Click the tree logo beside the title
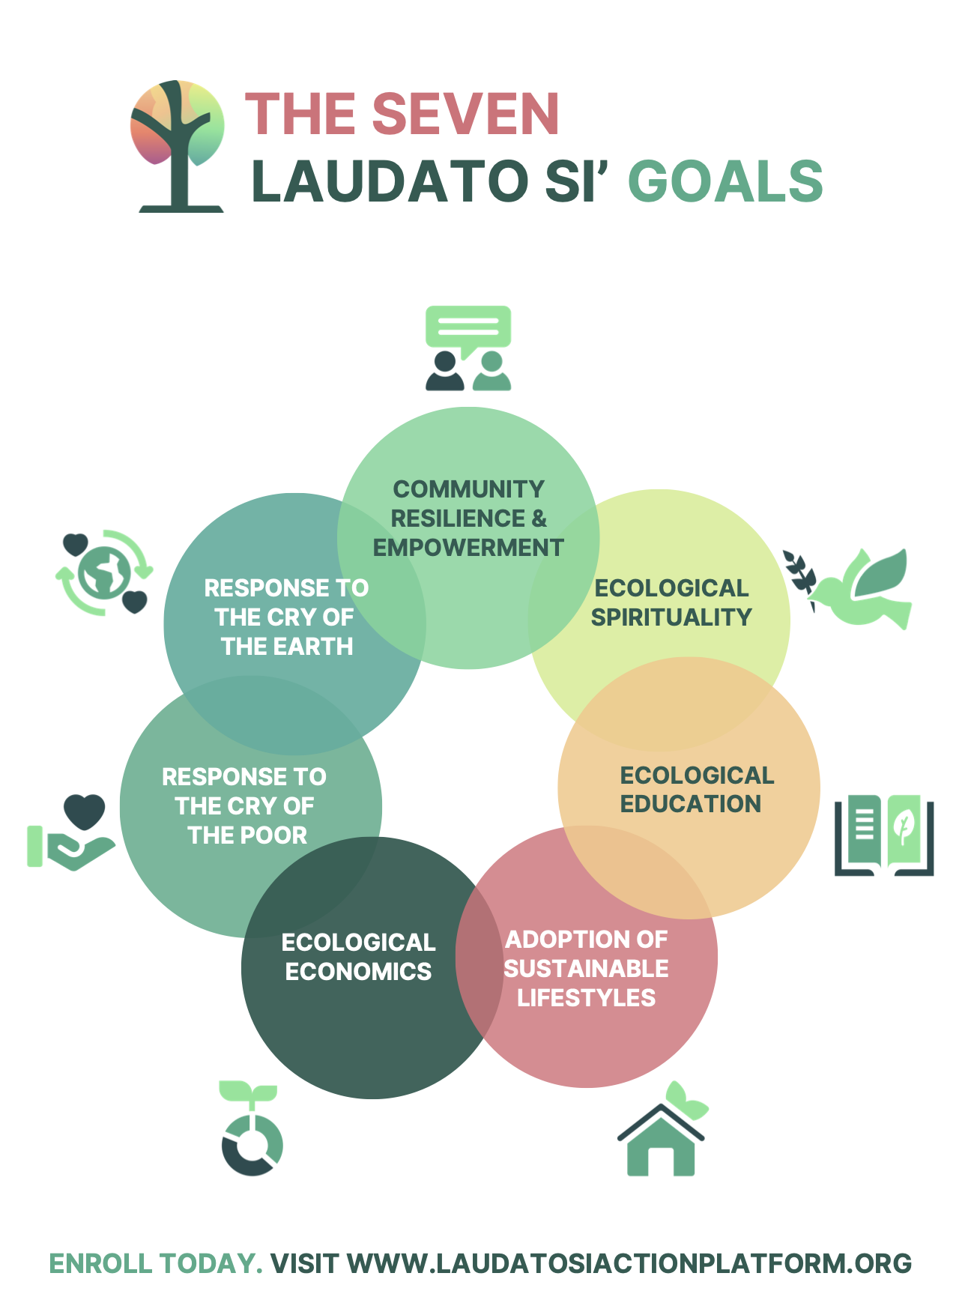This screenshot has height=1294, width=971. tap(178, 145)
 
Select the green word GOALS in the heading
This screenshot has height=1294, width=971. tap(725, 181)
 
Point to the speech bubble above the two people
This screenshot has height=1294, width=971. tap(468, 327)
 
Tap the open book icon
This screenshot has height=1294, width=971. tap(884, 835)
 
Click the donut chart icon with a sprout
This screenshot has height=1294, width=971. tap(252, 1131)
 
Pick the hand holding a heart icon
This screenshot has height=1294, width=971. tap(73, 832)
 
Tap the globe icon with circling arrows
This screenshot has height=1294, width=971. tap(104, 572)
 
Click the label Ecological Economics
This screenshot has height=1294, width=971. tap(358, 957)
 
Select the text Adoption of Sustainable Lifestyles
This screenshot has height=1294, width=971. tap(586, 969)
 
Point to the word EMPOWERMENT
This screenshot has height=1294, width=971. tap(468, 548)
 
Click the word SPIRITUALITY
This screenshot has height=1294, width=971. tap(671, 617)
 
